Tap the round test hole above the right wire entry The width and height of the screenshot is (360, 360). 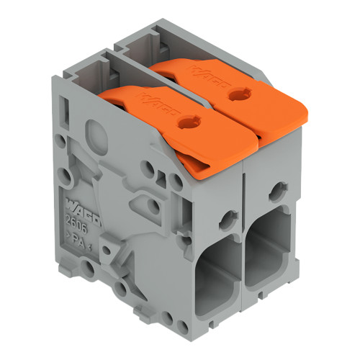tap(277, 192)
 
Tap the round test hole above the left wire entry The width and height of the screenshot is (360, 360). tap(229, 217)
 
